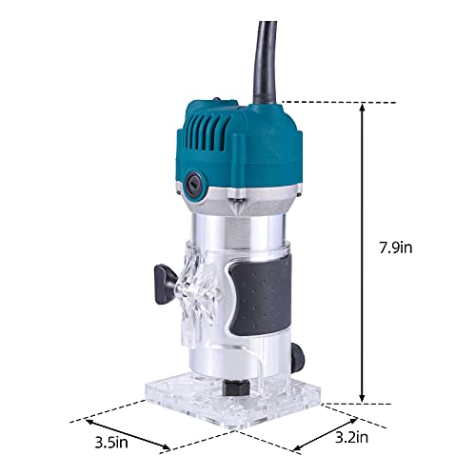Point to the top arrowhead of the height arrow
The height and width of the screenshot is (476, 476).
tap(362, 108)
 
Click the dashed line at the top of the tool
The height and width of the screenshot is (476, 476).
tap(324, 102)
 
